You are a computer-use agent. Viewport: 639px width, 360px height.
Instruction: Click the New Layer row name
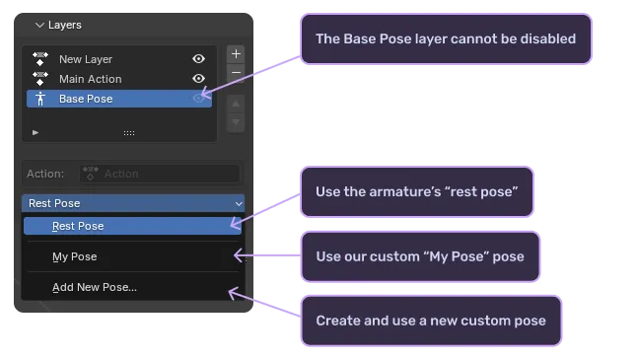86,59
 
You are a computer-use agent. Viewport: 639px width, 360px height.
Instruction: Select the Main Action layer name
90,79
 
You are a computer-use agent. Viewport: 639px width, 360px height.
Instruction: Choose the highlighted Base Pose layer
86,99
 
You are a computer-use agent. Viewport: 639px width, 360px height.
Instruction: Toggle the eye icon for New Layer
199,59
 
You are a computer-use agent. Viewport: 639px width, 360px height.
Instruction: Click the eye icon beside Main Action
199,79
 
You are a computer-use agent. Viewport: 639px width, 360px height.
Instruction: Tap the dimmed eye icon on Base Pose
199,99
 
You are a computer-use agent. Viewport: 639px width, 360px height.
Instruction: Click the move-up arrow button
236,104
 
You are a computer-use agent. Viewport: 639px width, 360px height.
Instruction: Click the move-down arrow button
236,122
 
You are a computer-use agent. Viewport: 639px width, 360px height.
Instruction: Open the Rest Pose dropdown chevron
238,203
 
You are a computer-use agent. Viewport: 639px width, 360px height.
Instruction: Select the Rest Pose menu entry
78,226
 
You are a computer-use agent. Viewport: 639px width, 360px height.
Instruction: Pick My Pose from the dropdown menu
75,257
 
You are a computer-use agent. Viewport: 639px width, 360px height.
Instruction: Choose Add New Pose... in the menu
95,288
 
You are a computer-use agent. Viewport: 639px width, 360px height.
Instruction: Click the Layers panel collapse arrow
39,25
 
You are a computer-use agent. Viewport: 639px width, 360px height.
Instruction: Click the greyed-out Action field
161,174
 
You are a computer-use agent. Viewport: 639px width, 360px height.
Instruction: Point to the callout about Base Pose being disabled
445,39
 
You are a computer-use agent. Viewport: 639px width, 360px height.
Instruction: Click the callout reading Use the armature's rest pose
417,190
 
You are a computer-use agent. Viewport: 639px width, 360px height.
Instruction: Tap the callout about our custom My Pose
420,256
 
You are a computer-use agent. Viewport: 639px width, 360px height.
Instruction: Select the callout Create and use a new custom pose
431,321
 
